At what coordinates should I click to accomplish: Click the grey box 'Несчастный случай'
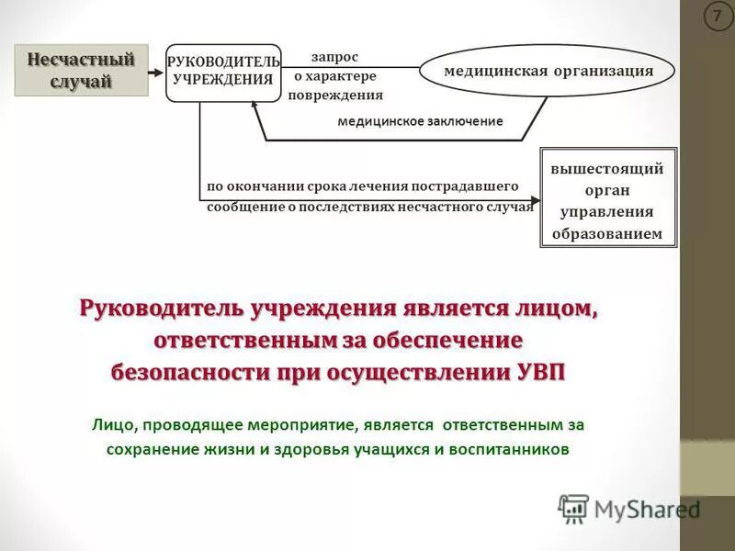(x=81, y=71)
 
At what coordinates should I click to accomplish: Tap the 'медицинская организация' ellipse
(x=548, y=71)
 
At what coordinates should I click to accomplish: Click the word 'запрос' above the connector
(x=334, y=56)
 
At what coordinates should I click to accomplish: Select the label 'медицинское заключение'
(x=420, y=121)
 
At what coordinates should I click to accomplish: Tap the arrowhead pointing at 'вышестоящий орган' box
(x=536, y=197)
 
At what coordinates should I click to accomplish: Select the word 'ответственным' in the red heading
(x=242, y=341)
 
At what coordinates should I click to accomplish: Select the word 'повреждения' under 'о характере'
(x=334, y=95)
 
